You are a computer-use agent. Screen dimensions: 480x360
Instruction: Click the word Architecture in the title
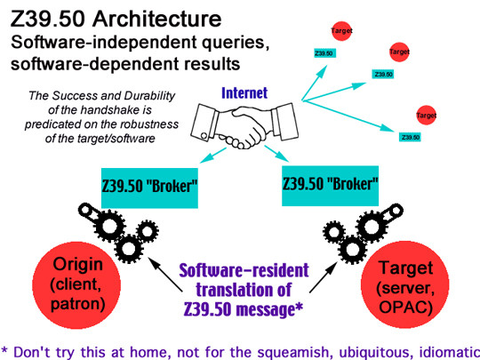156,19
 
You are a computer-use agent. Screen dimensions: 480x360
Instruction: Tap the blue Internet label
244,93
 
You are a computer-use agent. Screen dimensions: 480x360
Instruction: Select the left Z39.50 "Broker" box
149,188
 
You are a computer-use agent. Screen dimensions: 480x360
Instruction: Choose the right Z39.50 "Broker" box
330,186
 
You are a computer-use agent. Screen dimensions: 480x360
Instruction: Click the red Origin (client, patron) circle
76,285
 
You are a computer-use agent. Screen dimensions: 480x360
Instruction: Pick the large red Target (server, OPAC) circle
405,285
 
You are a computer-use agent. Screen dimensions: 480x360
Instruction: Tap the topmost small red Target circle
341,30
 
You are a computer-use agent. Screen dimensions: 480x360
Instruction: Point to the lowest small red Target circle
426,115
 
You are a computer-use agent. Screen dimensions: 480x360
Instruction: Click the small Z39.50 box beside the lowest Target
410,137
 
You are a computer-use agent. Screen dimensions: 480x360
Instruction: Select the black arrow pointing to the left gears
165,275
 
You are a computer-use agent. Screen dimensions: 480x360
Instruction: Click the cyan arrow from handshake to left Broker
212,156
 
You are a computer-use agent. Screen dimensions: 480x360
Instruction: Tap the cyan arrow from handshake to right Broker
276,154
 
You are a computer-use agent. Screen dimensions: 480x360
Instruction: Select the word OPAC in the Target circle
405,308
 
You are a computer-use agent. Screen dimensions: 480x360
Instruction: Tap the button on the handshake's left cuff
204,135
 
